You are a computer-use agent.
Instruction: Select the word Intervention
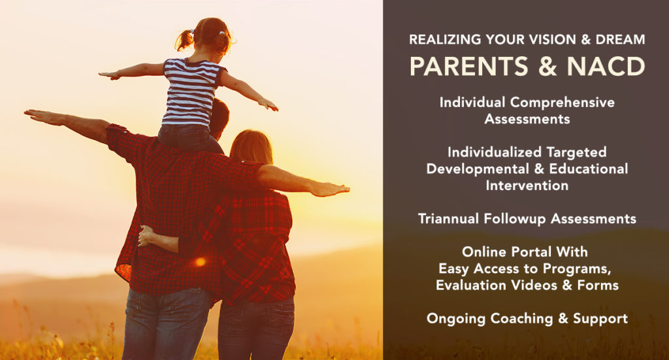527,186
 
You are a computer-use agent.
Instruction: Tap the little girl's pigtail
184,41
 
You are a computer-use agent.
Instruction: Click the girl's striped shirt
191,91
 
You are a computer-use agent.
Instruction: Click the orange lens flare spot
200,261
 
